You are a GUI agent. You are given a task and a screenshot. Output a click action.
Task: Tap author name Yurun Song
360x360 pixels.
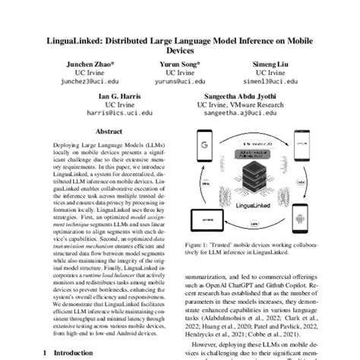(179, 65)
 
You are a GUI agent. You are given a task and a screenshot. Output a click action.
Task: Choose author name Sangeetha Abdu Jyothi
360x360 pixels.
(240, 97)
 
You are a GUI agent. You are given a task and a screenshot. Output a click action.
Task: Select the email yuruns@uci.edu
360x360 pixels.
(179, 83)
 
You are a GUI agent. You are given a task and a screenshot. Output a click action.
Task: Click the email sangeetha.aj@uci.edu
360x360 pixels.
(240, 115)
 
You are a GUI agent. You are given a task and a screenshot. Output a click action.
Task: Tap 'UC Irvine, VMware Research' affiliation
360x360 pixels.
(240, 106)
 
